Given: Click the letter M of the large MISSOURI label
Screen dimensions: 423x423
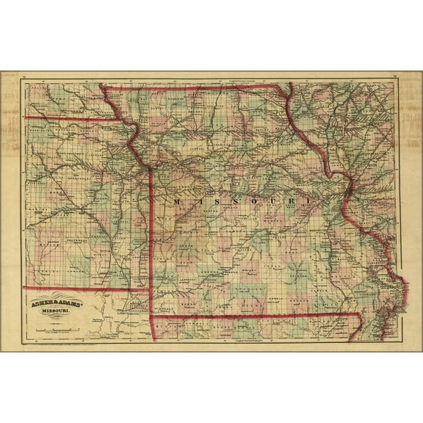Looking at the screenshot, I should pyautogui.click(x=176, y=200).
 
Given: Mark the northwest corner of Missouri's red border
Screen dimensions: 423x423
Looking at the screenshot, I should pyautogui.click(x=101, y=87).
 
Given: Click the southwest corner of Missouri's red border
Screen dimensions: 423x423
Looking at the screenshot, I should pyautogui.click(x=151, y=317).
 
